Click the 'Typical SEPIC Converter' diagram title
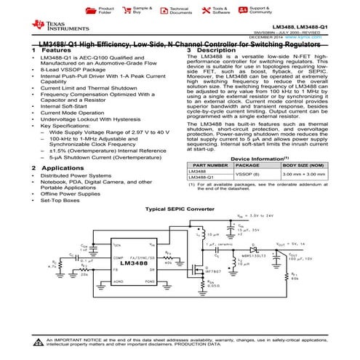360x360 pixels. tap(180, 209)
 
